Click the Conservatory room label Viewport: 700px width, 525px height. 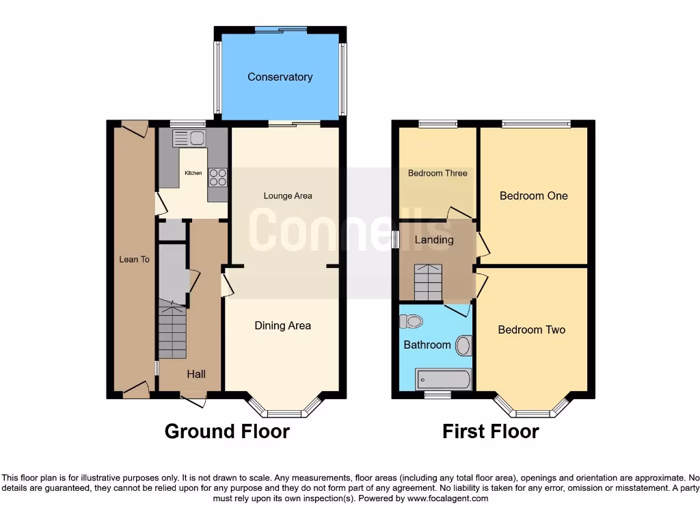click(x=280, y=77)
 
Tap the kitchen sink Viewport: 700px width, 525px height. click(x=189, y=139)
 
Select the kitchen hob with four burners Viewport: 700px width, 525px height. click(x=217, y=177)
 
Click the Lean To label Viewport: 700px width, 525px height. click(x=134, y=259)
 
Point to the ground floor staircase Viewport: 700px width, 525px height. click(x=172, y=333)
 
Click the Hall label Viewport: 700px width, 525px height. click(x=196, y=374)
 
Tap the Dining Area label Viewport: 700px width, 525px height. click(x=282, y=325)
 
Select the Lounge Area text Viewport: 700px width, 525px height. click(x=288, y=196)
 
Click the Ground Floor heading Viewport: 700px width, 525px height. click(x=227, y=432)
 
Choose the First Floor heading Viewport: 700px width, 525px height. click(x=490, y=432)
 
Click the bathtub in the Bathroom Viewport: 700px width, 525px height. click(x=443, y=379)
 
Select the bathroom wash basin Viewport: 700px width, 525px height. click(x=464, y=345)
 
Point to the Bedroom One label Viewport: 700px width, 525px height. click(x=533, y=196)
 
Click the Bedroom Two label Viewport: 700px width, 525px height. click(x=531, y=330)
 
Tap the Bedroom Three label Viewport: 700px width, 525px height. click(x=437, y=174)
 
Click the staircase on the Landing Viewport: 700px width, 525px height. click(x=428, y=282)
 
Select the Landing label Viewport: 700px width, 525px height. click(x=434, y=240)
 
